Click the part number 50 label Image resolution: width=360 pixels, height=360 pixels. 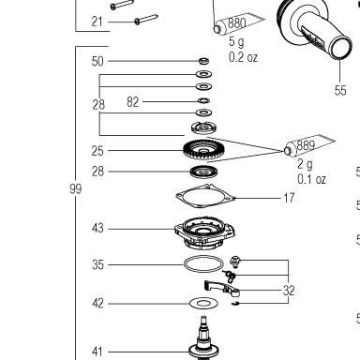97,61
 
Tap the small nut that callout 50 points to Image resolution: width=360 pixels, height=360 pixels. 204,61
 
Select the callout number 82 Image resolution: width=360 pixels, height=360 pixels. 132,102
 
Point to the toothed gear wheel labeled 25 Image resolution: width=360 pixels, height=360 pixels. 202,150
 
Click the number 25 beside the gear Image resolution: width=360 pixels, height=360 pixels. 97,151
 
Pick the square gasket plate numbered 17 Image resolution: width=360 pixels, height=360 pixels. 205,196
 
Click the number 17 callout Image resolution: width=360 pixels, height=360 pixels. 289,198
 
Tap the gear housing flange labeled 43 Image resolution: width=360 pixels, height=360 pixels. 204,232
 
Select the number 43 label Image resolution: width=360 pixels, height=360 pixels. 97,228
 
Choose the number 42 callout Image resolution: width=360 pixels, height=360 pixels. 97,304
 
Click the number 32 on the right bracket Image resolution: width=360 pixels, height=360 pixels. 289,291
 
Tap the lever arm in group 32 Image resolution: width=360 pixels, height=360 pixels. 222,289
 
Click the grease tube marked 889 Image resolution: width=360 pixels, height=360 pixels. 309,145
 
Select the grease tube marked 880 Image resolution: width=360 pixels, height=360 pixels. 239,22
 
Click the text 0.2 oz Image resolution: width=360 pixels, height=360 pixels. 243,57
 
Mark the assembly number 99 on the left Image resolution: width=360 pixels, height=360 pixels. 76,188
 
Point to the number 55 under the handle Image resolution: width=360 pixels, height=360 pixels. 340,91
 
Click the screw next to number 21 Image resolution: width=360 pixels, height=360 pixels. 145,20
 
